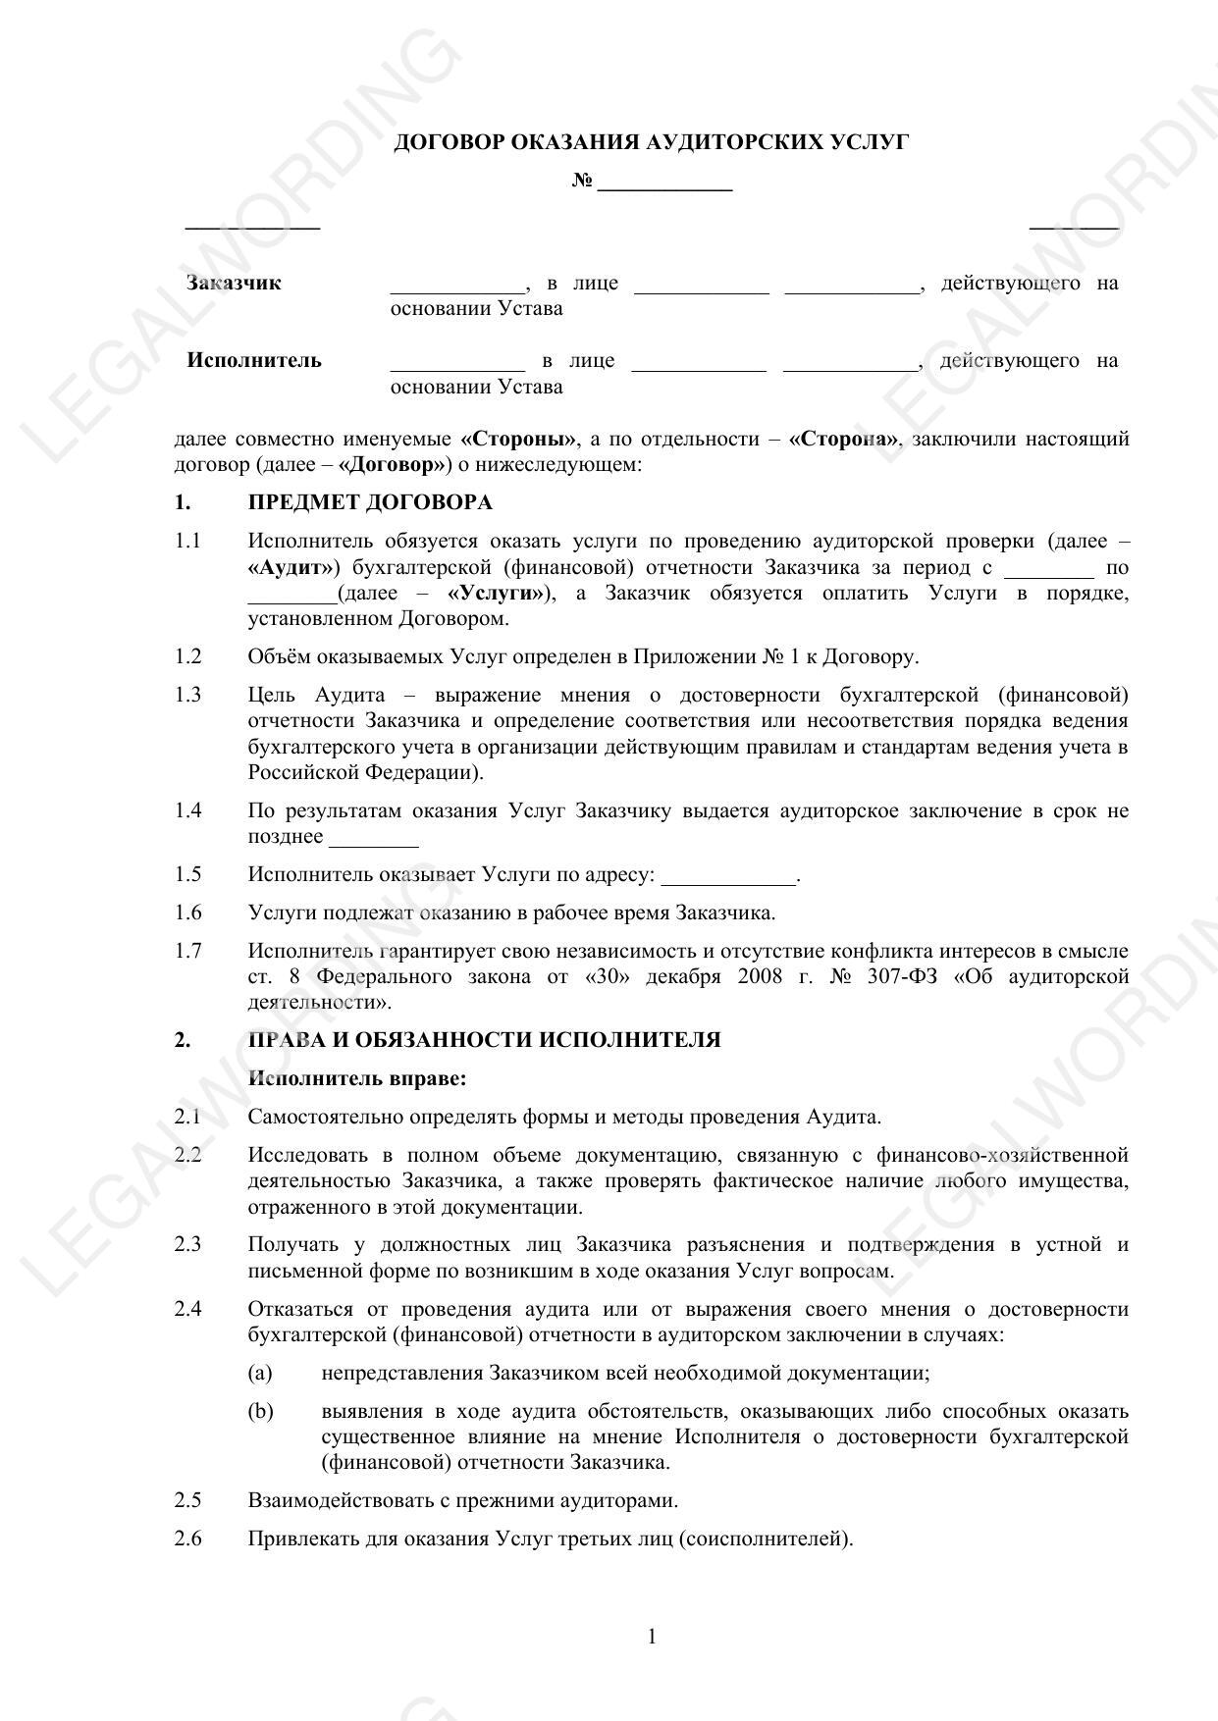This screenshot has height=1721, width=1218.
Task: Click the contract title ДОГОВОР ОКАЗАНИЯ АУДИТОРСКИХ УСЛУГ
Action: [x=651, y=143]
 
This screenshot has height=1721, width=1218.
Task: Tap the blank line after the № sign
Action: [x=664, y=183]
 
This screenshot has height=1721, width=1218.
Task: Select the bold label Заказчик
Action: [x=234, y=284]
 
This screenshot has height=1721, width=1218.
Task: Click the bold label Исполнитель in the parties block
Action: [x=254, y=360]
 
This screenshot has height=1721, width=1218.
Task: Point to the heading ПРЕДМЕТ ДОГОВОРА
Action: [x=370, y=503]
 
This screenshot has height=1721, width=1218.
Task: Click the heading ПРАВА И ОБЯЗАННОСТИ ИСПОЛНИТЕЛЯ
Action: [x=484, y=1040]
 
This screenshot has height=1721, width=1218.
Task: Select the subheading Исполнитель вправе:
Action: [x=357, y=1078]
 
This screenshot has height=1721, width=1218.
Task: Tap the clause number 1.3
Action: [x=187, y=696]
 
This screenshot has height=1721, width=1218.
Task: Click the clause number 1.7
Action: [x=187, y=951]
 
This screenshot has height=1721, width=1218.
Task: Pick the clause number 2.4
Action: [x=187, y=1309]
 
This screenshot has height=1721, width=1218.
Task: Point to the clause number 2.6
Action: [x=187, y=1538]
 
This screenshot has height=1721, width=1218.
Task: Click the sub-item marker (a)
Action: [x=260, y=1373]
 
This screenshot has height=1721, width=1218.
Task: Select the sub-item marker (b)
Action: [x=260, y=1411]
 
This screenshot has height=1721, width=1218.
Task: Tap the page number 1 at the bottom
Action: [x=652, y=1636]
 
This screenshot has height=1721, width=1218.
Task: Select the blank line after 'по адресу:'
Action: [x=728, y=876]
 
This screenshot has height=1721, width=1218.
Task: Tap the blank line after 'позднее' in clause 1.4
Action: [x=374, y=840]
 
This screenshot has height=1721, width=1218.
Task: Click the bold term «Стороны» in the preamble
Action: [x=518, y=439]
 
